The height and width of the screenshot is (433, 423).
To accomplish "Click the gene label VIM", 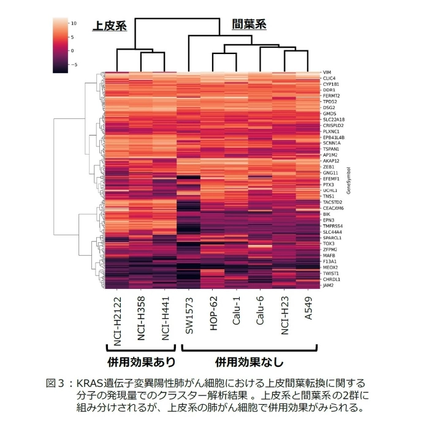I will click(327, 72).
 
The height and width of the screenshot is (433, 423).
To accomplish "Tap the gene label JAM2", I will click(329, 285).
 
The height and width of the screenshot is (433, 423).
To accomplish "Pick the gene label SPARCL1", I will click(332, 237).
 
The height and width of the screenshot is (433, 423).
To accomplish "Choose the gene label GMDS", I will click(329, 113).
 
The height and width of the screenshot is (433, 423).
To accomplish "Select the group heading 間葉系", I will click(249, 25).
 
